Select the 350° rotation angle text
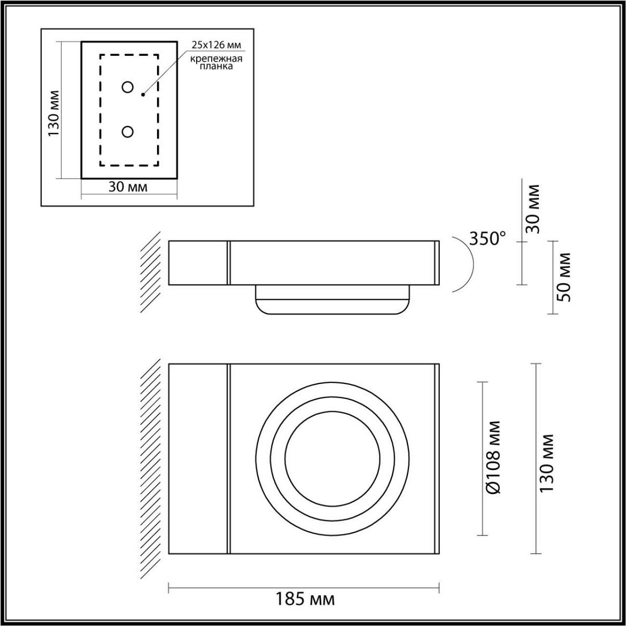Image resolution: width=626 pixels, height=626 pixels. click(487, 238)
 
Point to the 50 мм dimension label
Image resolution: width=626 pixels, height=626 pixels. click(564, 277)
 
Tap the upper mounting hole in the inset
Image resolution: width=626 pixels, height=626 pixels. click(127, 88)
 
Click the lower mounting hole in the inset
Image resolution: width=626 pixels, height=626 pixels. click(127, 132)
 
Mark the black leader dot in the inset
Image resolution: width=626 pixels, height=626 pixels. click(143, 95)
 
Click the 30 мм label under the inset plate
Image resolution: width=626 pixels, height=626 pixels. click(128, 187)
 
